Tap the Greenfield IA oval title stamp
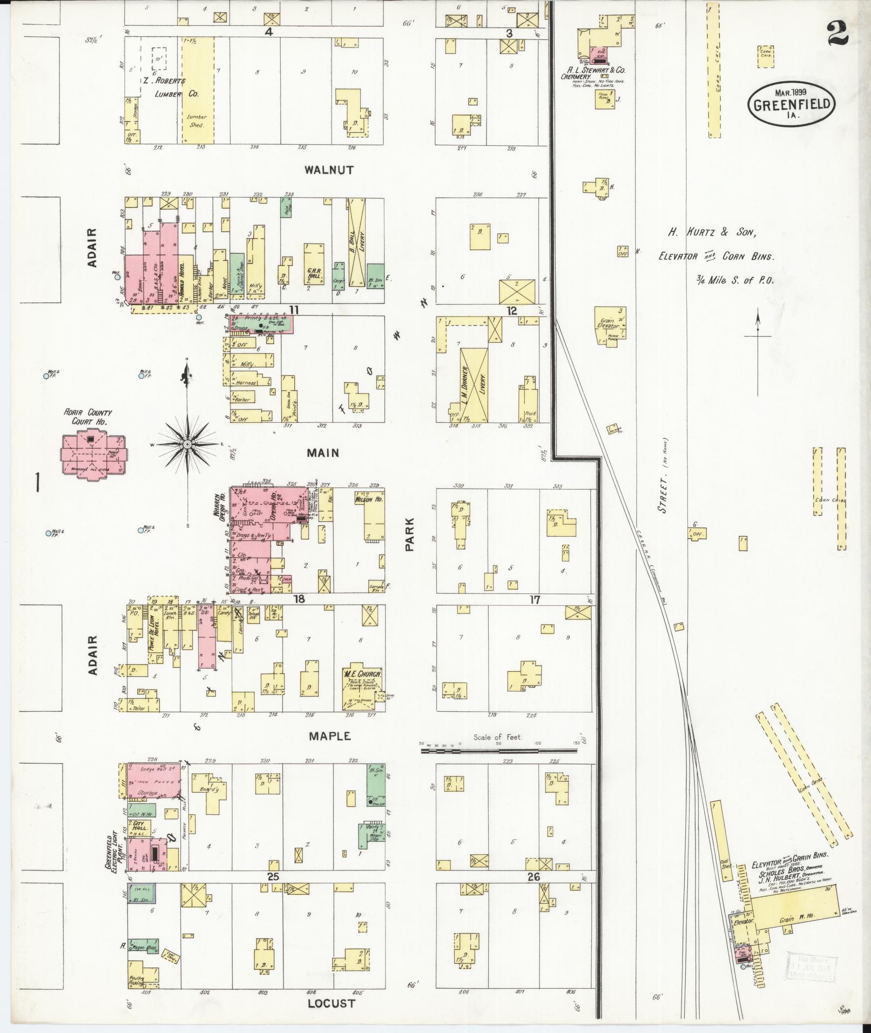coord(791,104)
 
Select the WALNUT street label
coord(329,170)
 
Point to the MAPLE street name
coord(330,736)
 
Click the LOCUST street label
coord(332,1004)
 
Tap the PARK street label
coord(410,535)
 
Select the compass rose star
coord(187,444)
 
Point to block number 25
coord(273,876)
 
